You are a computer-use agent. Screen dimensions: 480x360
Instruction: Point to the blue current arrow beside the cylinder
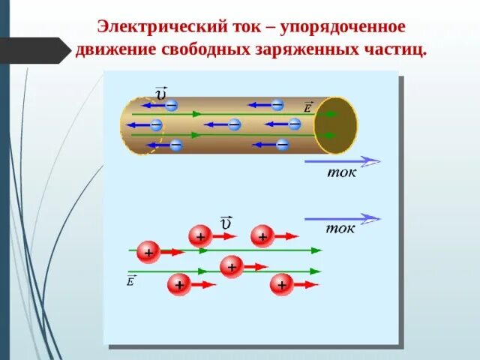pyautogui.click(x=342, y=160)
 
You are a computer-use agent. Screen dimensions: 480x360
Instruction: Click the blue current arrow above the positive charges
pyautogui.click(x=342, y=218)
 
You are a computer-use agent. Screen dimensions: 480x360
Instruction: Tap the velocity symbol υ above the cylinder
pyautogui.click(x=161, y=93)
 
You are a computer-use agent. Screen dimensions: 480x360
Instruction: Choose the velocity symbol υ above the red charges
pyautogui.click(x=226, y=223)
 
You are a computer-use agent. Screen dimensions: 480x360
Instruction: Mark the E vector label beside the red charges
pyautogui.click(x=131, y=281)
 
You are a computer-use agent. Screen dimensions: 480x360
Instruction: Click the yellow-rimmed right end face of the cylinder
pyautogui.click(x=335, y=124)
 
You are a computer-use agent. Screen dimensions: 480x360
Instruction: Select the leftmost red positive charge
pyautogui.click(x=148, y=253)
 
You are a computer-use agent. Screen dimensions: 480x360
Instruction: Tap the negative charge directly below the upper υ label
pyautogui.click(x=172, y=106)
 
